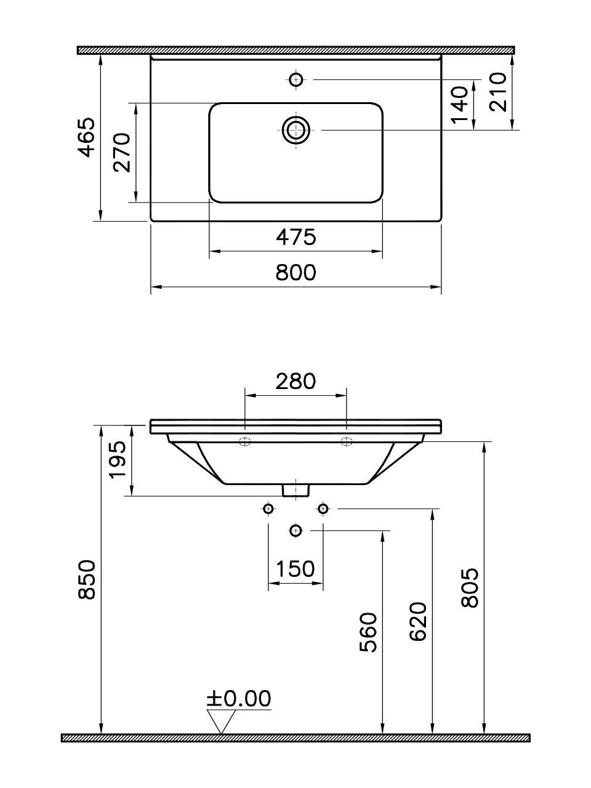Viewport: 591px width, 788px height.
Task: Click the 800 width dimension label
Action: pos(295,272)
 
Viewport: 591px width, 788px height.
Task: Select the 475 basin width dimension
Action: pos(295,237)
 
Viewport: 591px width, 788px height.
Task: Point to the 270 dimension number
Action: pos(123,152)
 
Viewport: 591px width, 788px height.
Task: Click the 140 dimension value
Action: pos(460,105)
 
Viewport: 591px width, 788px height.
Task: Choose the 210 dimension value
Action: pos(497,91)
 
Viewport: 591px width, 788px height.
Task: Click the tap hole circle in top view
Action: pos(296,79)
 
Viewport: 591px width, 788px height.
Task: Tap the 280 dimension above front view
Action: pos(295,382)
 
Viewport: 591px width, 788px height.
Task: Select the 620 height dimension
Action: pos(418,622)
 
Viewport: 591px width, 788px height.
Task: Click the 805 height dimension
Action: pos(470,588)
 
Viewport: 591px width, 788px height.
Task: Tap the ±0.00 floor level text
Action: pos(239,698)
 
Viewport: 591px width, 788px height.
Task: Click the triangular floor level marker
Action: pos(222,720)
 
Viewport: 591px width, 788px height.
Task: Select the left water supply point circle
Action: pos(268,509)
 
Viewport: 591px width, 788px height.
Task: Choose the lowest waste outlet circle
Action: pos(296,530)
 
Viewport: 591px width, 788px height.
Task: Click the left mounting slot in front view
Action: pos(245,441)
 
